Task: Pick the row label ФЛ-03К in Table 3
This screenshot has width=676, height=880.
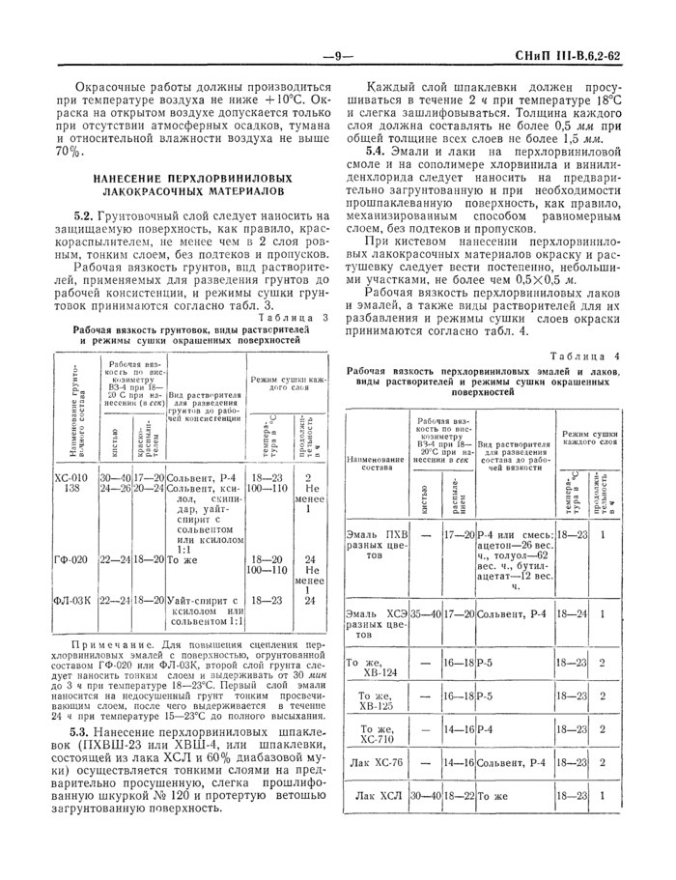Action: (73, 600)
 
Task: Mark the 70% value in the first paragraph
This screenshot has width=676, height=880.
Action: (70, 153)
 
